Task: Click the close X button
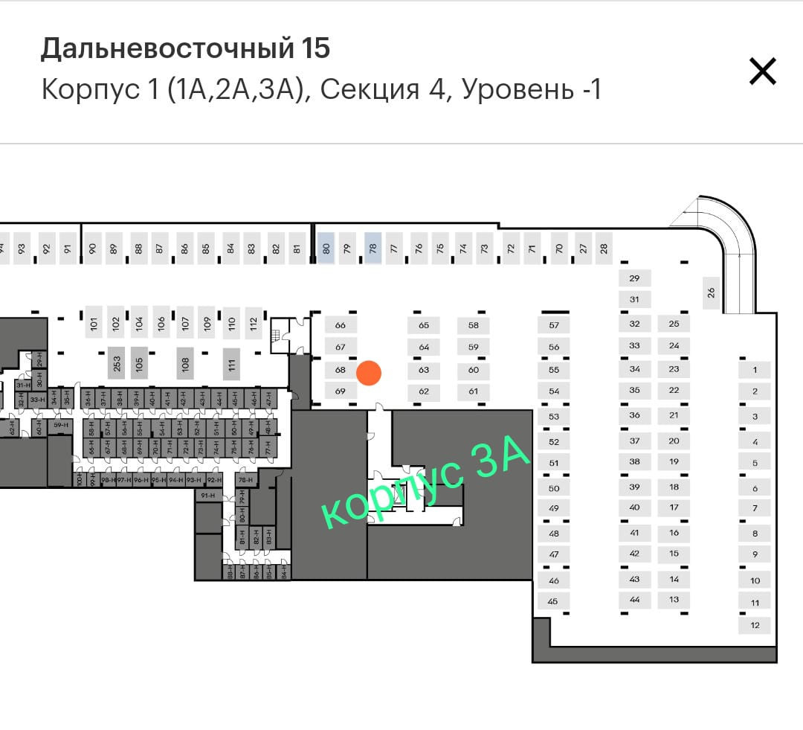point(762,71)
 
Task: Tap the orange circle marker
point(369,373)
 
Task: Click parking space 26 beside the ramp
point(710,292)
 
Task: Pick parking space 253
point(116,364)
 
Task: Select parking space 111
point(232,365)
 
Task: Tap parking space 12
point(755,625)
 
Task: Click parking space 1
point(755,370)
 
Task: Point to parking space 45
point(553,601)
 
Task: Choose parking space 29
point(634,278)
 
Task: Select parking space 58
point(474,325)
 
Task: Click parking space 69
point(341,391)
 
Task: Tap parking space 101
point(94,323)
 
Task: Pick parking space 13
point(674,600)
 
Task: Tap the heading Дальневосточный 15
point(185,49)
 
